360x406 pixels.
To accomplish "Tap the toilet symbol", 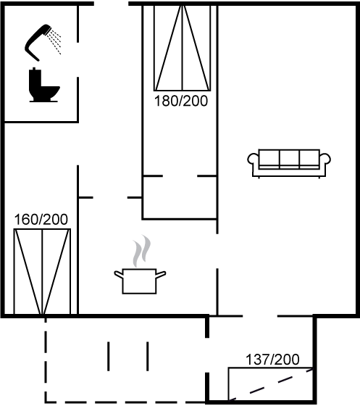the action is click(x=44, y=85).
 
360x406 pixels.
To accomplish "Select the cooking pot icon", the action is click(x=140, y=281).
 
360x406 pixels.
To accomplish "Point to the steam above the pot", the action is click(x=141, y=251).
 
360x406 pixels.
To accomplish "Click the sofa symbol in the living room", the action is click(x=289, y=163).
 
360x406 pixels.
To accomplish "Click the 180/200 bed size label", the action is click(x=181, y=101).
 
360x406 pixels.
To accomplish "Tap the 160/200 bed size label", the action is click(x=41, y=219).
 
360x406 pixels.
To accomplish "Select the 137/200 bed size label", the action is click(x=272, y=360).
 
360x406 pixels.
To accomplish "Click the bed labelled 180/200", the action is click(x=183, y=48).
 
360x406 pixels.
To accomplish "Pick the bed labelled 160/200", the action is click(x=42, y=272).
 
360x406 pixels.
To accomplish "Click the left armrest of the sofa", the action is click(x=253, y=159).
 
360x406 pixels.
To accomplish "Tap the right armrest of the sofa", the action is click(x=325, y=159).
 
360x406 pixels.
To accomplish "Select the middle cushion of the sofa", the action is click(x=290, y=158).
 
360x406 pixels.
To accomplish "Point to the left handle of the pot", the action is click(x=119, y=274).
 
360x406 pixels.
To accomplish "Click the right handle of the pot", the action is click(x=161, y=274).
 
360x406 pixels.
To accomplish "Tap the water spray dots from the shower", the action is click(x=56, y=41).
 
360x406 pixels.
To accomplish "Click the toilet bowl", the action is click(x=51, y=92).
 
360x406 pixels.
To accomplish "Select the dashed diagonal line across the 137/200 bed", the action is click(x=270, y=385).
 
